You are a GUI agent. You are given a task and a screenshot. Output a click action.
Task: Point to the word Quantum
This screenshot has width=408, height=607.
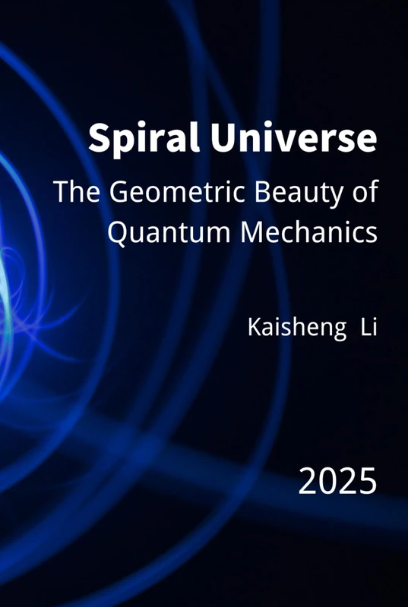(x=163, y=232)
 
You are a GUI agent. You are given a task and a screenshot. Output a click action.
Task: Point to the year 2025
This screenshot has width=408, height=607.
(x=337, y=481)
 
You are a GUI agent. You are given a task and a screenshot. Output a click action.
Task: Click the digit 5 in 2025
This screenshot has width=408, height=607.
(x=367, y=481)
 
